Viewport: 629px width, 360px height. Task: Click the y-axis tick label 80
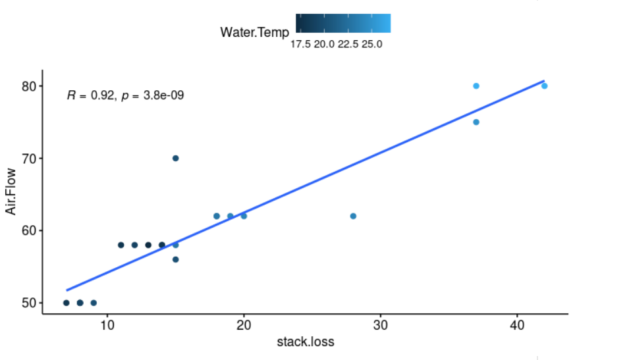point(28,86)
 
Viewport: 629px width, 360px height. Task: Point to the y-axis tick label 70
point(28,159)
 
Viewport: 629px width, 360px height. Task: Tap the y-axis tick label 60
point(28,231)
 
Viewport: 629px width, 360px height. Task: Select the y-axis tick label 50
point(28,303)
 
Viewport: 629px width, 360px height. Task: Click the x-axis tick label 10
point(107,325)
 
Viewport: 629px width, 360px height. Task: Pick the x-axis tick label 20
point(244,325)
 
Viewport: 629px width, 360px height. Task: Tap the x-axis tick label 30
point(380,325)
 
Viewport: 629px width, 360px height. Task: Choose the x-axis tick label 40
point(517,325)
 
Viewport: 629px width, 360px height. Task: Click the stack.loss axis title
point(305,342)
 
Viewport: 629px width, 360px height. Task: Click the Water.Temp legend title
point(254,32)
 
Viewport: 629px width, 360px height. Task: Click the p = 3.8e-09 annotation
point(153,96)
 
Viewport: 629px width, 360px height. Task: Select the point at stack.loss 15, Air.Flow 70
point(176,158)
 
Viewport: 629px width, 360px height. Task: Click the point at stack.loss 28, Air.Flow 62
point(353,216)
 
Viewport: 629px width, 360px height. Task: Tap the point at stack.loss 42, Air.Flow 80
point(544,86)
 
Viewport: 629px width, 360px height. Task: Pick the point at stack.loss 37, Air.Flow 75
point(476,122)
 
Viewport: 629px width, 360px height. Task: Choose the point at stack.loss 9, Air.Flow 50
point(94,303)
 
